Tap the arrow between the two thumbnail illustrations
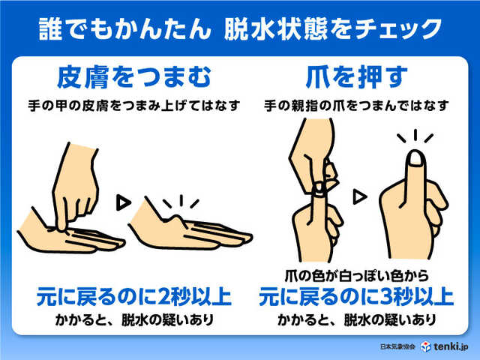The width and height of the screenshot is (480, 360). pos(361,196)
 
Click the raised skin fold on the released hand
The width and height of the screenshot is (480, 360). pos(175,220)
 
